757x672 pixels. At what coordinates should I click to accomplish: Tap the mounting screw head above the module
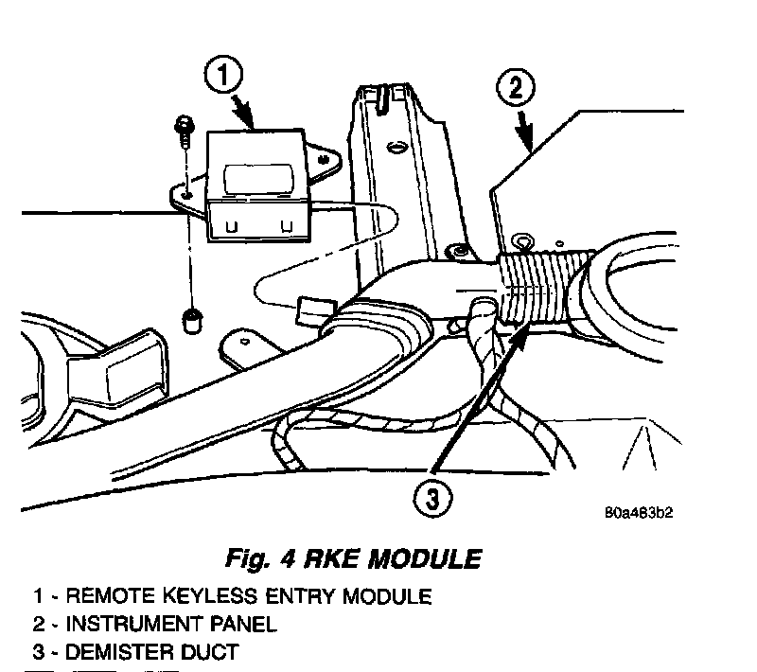pyautogui.click(x=182, y=125)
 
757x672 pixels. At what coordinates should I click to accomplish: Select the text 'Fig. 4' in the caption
pyautogui.click(x=261, y=558)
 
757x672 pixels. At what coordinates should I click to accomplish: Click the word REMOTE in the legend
pyautogui.click(x=97, y=597)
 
